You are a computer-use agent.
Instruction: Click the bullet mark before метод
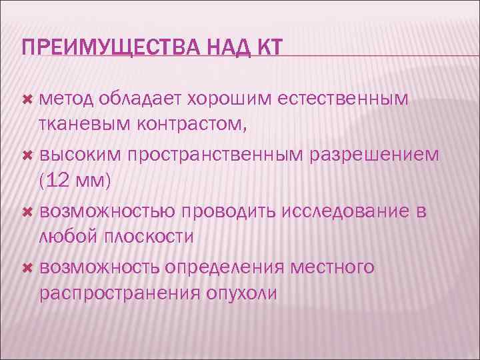coord(27,99)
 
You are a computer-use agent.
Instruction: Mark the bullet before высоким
coord(27,155)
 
